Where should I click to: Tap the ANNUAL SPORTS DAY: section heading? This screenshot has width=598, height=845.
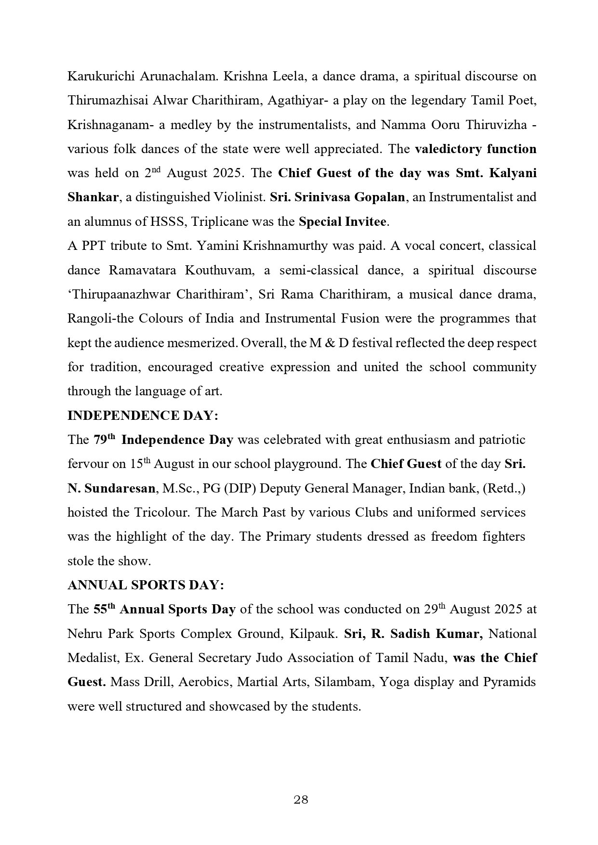coord(146,585)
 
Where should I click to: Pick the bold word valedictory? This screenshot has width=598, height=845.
coord(447,149)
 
